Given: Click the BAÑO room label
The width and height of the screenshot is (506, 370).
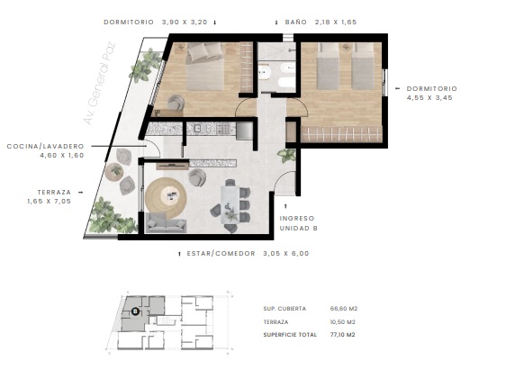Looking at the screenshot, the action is click(295, 23).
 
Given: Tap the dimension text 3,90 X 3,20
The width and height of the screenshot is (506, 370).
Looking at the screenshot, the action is click(185, 23).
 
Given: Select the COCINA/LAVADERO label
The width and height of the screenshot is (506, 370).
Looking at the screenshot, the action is click(46, 147).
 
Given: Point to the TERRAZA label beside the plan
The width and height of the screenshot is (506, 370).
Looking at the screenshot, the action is click(54, 193).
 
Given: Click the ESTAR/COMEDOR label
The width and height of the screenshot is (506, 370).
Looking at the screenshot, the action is click(221, 254).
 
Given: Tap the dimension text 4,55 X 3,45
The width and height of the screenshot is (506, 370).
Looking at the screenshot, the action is click(429, 98).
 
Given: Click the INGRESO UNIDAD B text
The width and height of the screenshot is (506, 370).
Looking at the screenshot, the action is click(299, 223).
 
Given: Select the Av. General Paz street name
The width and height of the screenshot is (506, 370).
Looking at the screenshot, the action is click(99, 83).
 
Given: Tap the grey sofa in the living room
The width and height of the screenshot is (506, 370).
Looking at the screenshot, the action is click(166, 222).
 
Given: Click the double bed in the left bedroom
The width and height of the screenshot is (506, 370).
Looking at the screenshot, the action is click(205, 67).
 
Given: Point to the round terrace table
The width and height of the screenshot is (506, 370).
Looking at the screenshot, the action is click(114, 171).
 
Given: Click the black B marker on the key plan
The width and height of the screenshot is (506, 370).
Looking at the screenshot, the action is click(136, 311).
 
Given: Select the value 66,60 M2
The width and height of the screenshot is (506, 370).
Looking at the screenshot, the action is click(344, 309).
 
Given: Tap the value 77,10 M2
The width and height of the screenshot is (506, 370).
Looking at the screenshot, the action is click(343, 335).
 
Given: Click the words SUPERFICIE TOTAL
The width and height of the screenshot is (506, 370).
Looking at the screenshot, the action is click(290, 335).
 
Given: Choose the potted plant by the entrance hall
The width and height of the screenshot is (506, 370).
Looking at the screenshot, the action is click(287, 156).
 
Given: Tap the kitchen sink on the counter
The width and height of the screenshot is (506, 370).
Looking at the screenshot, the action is click(198, 129).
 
